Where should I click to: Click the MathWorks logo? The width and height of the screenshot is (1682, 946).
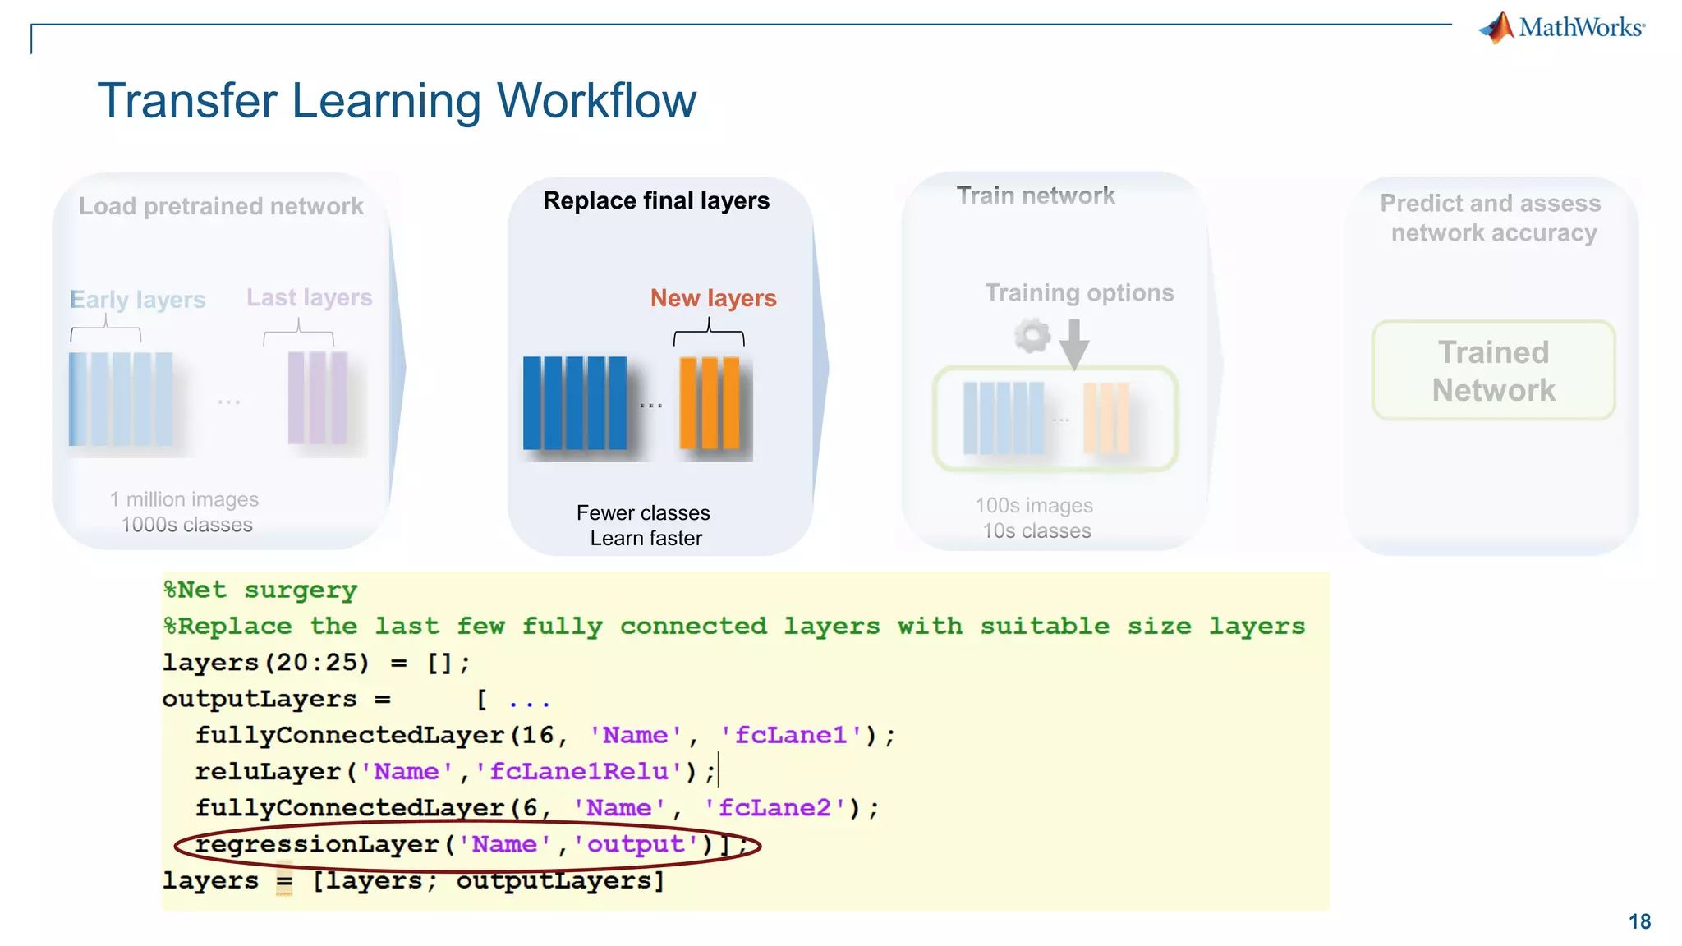[1562, 28]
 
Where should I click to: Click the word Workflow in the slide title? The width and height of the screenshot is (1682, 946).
[596, 101]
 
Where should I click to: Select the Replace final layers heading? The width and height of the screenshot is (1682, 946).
[656, 201]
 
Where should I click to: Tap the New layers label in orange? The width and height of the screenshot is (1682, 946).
[713, 298]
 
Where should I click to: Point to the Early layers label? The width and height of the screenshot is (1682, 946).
[137, 300]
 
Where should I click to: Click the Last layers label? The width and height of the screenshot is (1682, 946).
[309, 297]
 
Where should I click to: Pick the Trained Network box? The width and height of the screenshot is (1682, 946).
[1493, 371]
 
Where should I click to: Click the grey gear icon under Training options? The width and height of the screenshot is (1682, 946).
[1032, 336]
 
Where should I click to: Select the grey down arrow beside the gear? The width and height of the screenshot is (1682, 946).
[1073, 343]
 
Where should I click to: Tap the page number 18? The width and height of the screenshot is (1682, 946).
[1639, 921]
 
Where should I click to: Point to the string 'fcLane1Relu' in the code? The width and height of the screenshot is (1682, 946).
[579, 772]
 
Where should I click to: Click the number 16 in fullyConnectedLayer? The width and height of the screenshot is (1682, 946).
[538, 735]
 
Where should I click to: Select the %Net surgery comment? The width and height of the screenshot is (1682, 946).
[260, 590]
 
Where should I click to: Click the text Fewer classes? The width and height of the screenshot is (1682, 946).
[642, 513]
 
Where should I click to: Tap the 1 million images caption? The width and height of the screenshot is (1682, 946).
[184, 499]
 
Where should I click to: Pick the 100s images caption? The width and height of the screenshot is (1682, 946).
[1033, 506]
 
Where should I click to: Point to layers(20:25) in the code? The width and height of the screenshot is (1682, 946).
[265, 663]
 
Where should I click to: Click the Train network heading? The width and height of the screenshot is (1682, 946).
[1036, 195]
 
